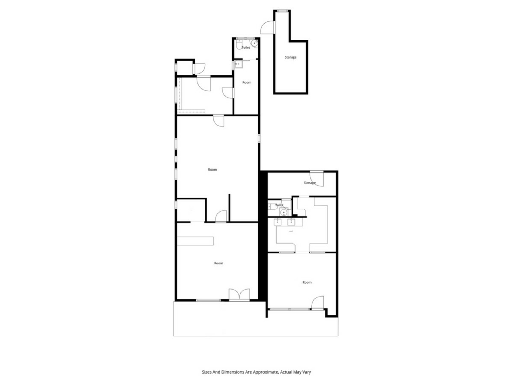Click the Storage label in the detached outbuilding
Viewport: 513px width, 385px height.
[x=290, y=57]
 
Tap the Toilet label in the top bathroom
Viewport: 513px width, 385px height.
[x=246, y=48]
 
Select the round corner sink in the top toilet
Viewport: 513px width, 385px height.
[x=254, y=43]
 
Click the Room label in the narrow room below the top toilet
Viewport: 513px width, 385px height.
[x=247, y=82]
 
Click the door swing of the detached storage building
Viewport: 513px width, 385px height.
[x=267, y=27]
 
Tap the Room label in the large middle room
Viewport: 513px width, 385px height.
[x=212, y=170]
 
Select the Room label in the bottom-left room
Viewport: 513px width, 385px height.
[x=219, y=263]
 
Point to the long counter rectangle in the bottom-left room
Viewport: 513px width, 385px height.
[x=195, y=241]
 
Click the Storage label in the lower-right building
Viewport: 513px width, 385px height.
[x=310, y=183]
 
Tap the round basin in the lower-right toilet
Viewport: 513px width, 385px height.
[x=283, y=213]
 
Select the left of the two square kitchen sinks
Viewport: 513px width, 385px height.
[x=278, y=222]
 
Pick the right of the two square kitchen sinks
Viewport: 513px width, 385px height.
[x=291, y=222]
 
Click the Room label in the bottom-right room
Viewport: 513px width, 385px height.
[x=307, y=282]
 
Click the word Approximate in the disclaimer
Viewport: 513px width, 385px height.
[x=265, y=372]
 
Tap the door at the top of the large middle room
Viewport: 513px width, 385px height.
[x=219, y=121]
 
